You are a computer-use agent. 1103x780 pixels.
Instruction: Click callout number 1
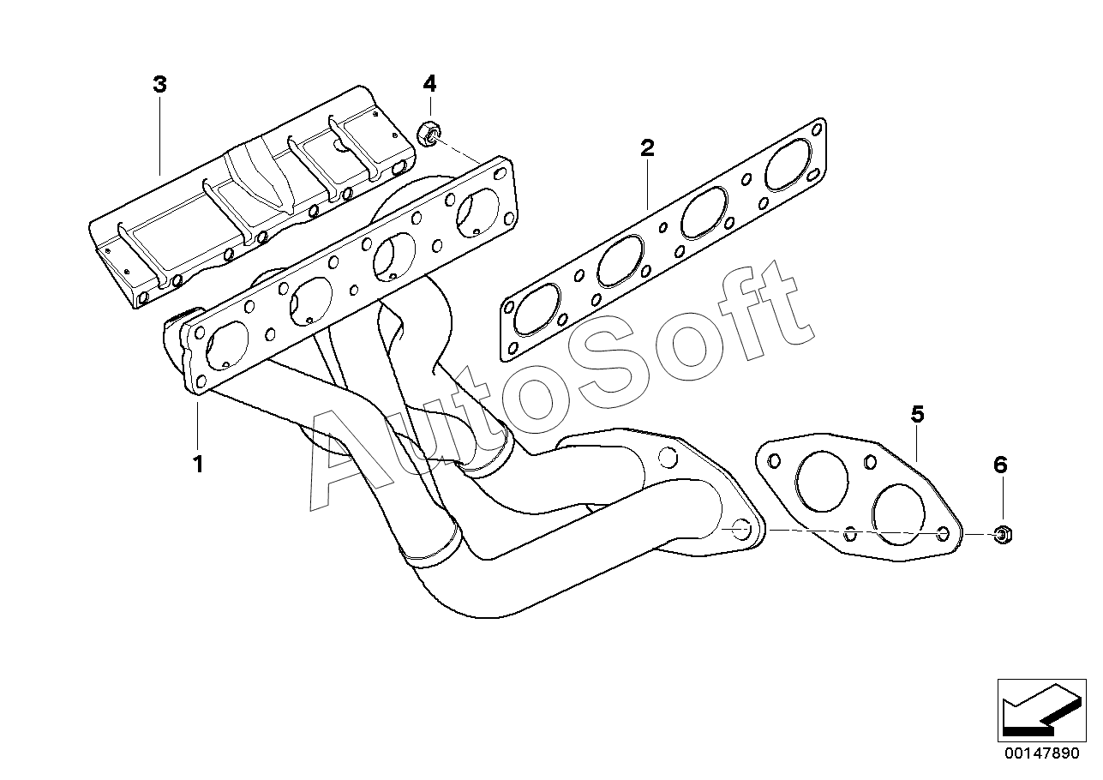198,465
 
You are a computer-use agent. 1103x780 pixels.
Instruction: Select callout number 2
647,147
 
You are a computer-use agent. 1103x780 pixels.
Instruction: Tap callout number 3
159,84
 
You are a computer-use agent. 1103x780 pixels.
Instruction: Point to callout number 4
429,83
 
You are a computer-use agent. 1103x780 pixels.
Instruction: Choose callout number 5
917,415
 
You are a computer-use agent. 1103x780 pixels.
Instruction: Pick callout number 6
1000,465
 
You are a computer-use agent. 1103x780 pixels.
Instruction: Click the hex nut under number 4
428,134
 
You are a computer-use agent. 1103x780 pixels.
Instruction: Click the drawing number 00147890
1040,753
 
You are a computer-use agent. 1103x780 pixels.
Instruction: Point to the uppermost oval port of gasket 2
788,166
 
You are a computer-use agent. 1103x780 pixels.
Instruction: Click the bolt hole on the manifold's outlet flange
739,530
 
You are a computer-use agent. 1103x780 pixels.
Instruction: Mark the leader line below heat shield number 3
160,137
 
